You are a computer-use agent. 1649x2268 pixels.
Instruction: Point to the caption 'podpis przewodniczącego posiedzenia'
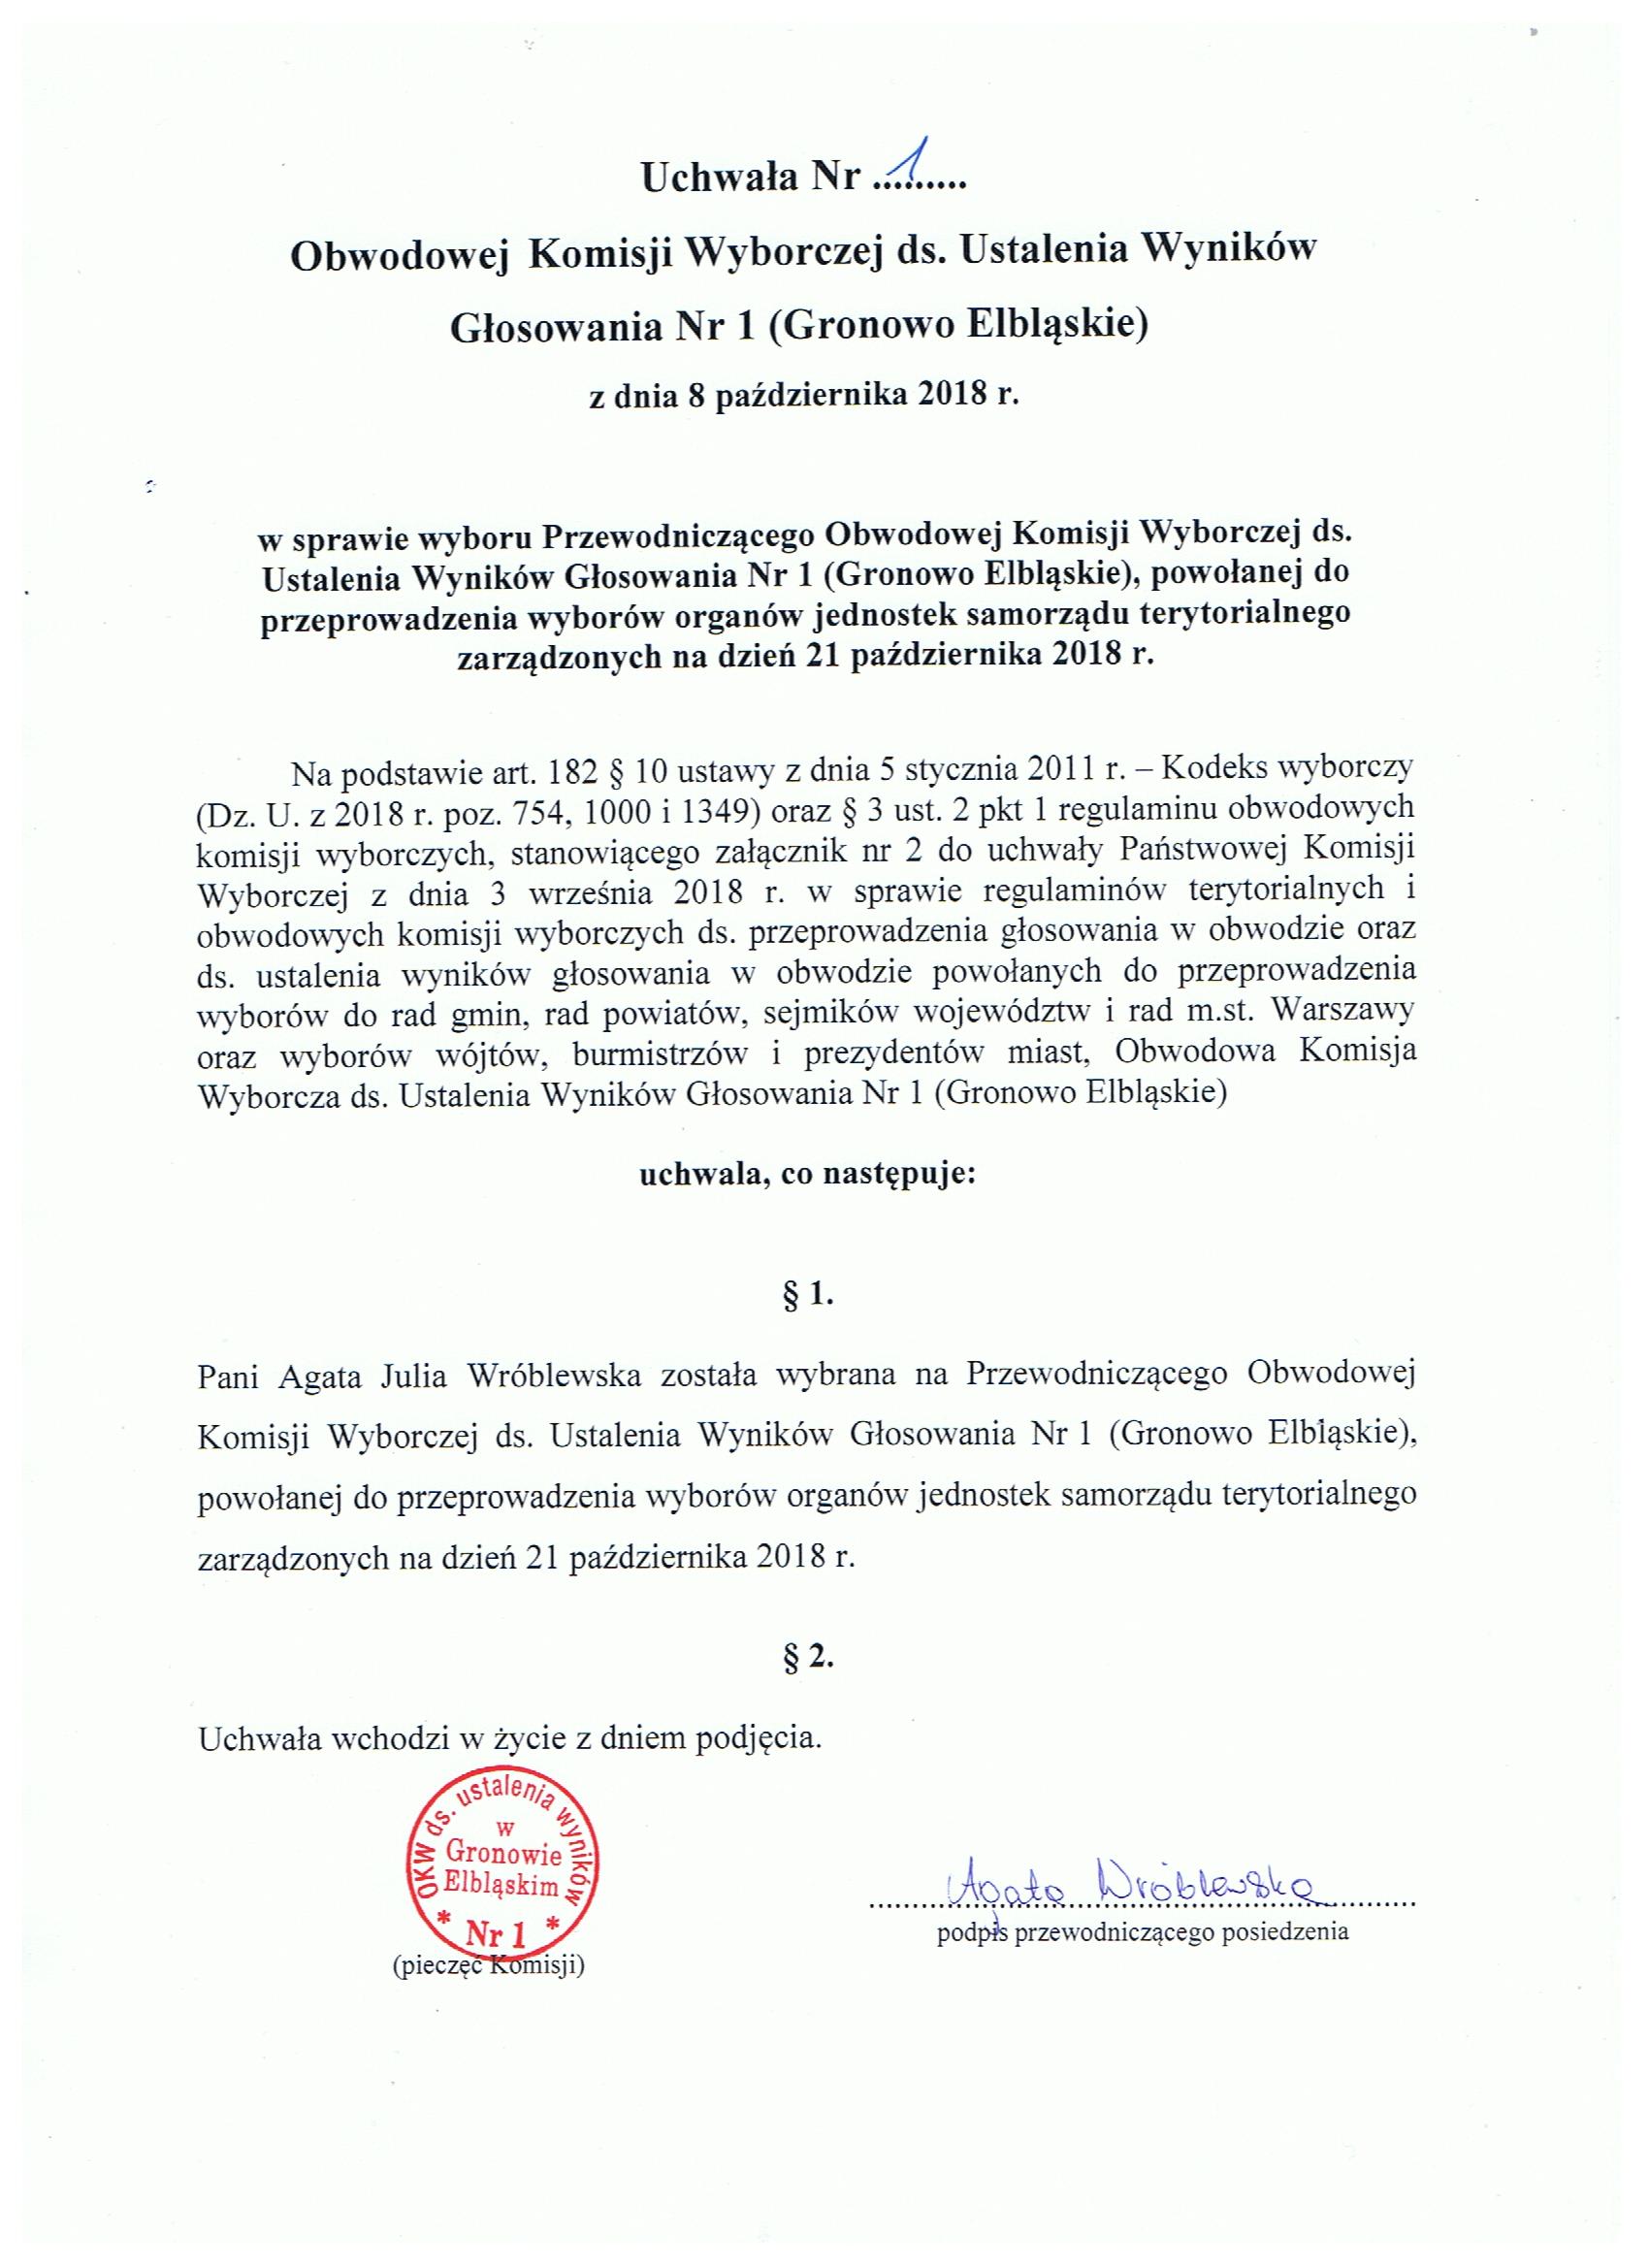[1142, 1932]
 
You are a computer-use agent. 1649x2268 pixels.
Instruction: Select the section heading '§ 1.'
[806, 1296]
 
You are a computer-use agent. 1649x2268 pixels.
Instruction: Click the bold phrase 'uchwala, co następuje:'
[806, 1174]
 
